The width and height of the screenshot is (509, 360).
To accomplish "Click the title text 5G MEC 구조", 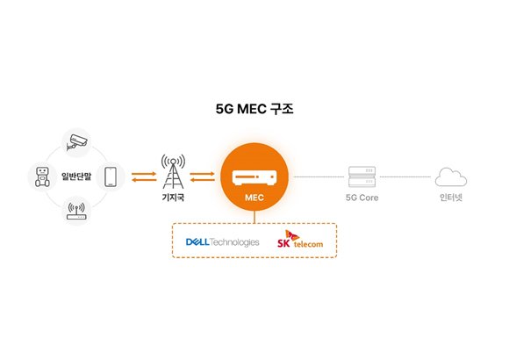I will coord(254,112).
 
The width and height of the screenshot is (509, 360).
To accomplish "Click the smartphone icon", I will coord(111,177).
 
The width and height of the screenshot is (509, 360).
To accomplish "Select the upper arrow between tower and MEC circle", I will coord(203,173).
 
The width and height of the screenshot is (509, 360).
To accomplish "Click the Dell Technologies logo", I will coord(222,241).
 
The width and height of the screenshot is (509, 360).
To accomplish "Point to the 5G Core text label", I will coord(362,198).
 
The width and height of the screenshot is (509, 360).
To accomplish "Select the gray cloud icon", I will coord(450,176).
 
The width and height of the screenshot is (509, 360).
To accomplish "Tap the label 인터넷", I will coord(450,198).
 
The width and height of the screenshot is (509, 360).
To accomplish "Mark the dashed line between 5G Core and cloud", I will coord(406,177).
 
